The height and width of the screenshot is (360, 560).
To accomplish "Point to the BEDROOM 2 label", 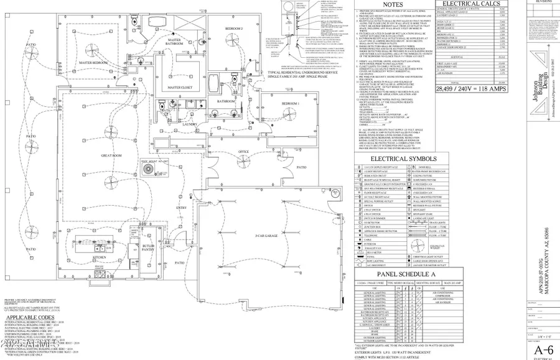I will coord(234,29).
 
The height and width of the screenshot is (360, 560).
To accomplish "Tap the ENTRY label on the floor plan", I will coord(182,208).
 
